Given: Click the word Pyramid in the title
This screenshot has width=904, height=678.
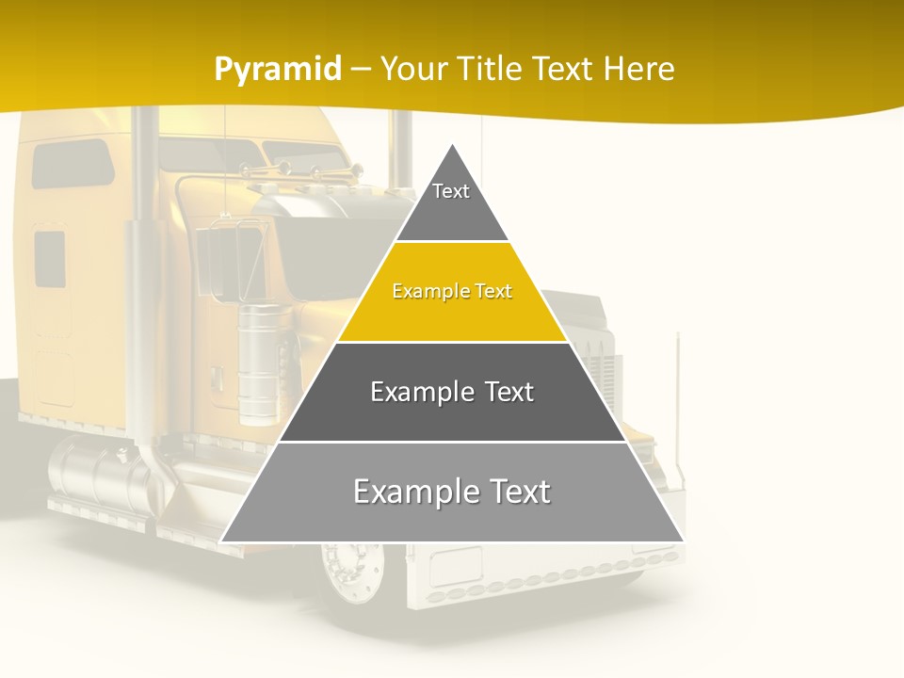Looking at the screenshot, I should click(278, 69).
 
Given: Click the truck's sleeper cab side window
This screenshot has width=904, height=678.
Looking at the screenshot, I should click(73, 163).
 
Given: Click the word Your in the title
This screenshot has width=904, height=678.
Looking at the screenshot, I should click(414, 69).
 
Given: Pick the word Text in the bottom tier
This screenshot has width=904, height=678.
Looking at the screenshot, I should click(517, 492).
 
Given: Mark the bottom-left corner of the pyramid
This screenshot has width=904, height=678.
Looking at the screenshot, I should click(221, 541).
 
